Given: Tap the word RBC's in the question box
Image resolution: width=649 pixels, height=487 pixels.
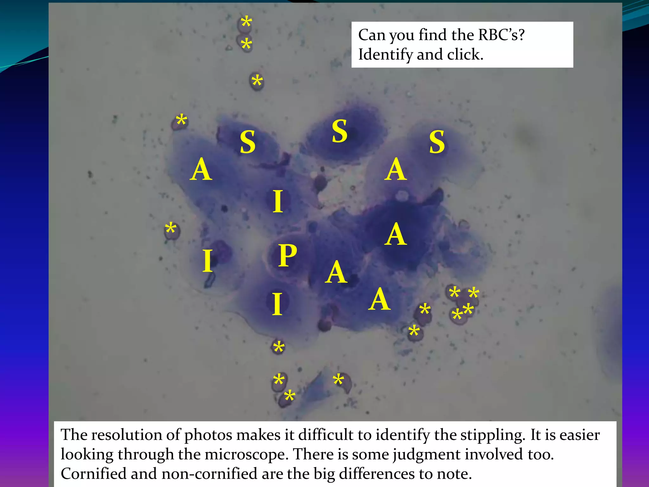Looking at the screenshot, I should tap(501, 35).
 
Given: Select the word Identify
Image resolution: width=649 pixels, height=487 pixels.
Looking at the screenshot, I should tap(385, 55).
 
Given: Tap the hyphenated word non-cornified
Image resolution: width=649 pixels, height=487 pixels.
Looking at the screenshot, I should tap(209, 474).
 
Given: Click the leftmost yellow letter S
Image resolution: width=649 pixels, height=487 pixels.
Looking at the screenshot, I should tap(247, 142).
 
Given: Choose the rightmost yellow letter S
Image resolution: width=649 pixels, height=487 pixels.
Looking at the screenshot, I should tap(437, 142).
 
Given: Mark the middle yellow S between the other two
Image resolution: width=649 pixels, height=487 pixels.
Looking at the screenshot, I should tap(339, 131).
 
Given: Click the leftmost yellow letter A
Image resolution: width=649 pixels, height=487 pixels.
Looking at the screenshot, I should tap(201, 170).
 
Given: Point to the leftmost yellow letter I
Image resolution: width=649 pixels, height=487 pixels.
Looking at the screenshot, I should tap(208, 261).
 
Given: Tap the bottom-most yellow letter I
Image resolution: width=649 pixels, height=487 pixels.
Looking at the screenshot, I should tap(277, 304).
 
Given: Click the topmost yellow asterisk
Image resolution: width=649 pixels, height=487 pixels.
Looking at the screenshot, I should tap(246, 23).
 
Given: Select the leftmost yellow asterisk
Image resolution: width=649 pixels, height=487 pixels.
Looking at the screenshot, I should tap(170, 228).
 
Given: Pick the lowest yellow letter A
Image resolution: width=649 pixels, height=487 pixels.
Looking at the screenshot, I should tap(379, 300).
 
